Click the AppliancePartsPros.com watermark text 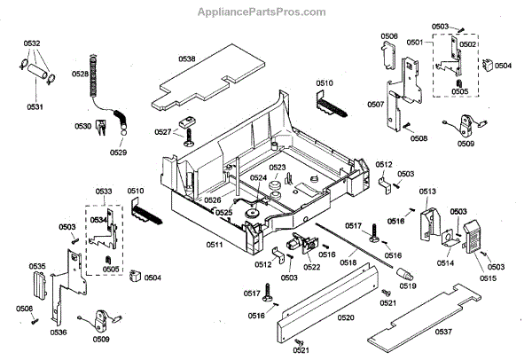tap(265, 12)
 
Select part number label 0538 tap(186, 59)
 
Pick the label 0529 tap(118, 153)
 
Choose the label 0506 tap(388, 36)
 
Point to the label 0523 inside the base tap(278, 167)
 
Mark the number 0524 tap(258, 177)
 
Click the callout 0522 tap(311, 266)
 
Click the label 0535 tap(37, 266)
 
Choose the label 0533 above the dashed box tap(104, 192)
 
